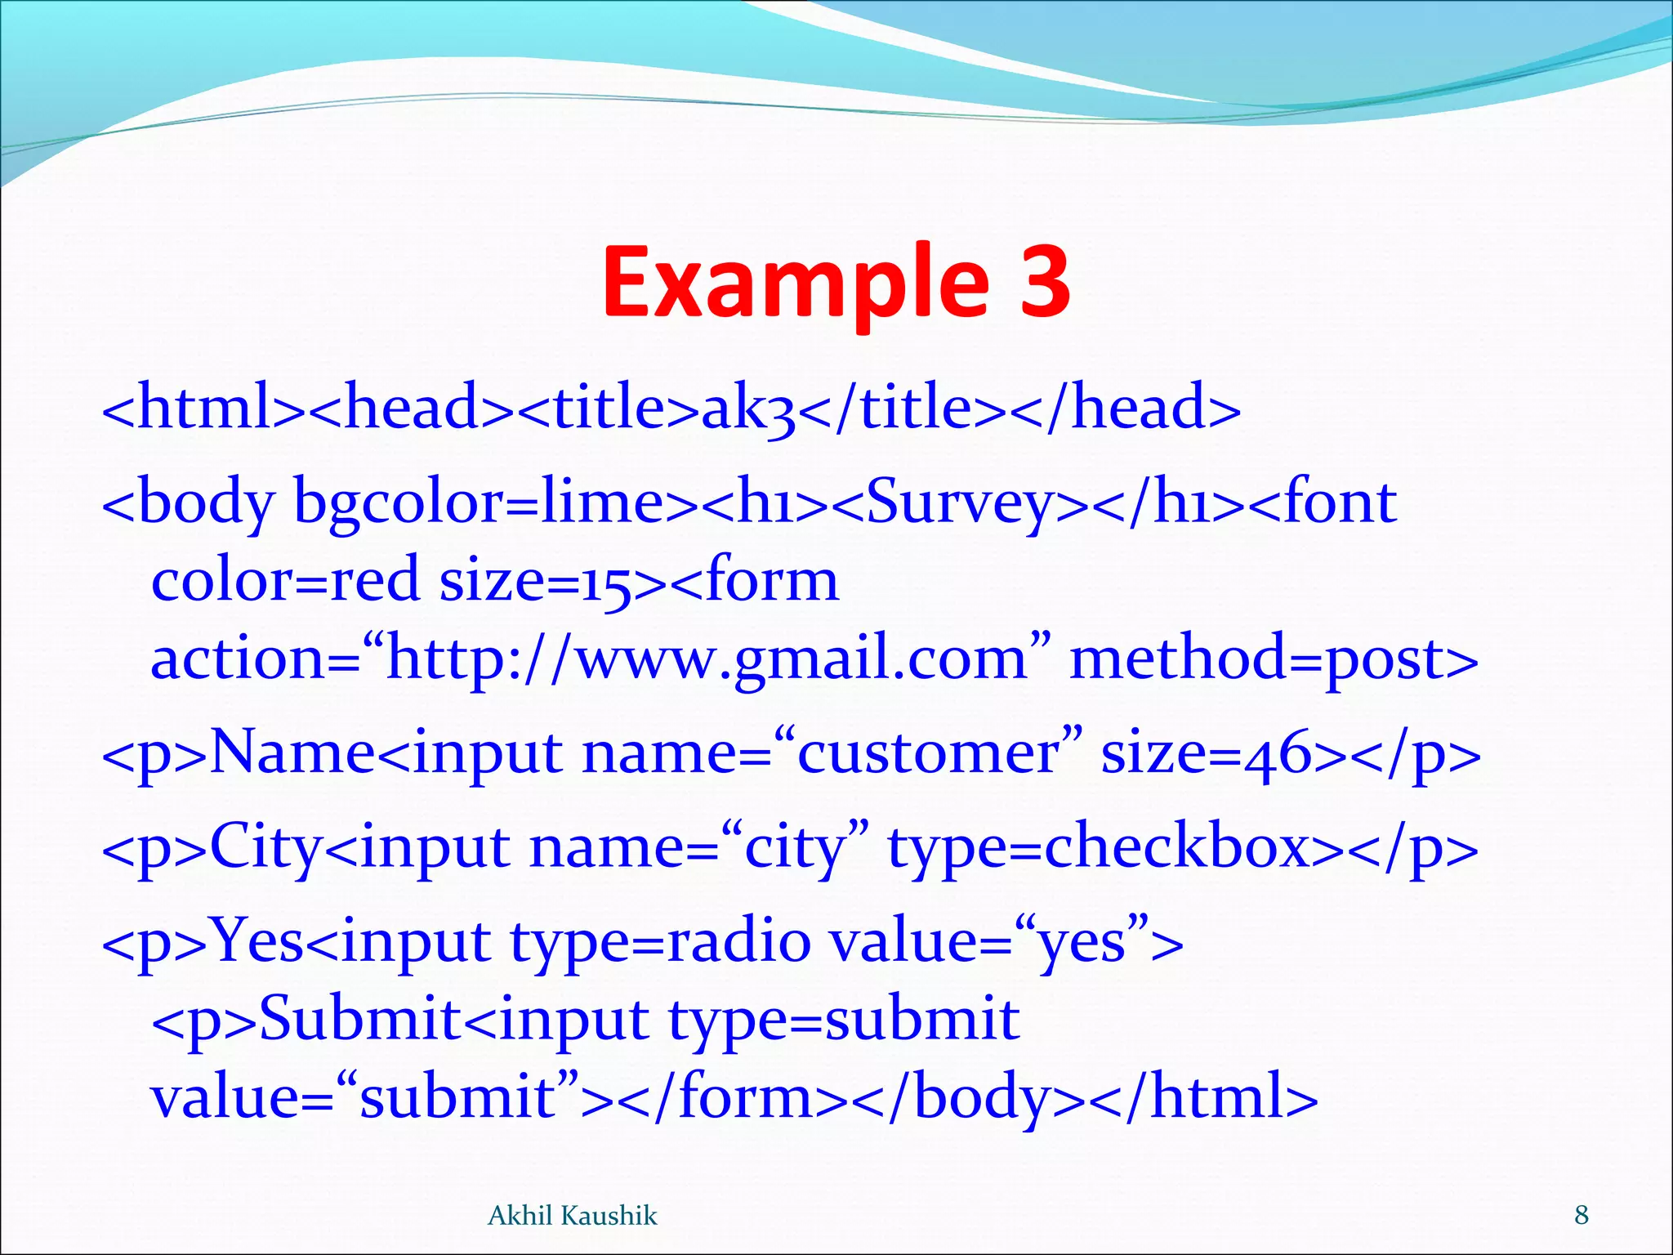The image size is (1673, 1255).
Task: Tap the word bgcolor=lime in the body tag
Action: [x=479, y=502]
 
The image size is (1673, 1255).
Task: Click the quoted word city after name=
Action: [x=793, y=847]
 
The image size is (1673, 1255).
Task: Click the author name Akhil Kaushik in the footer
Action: [x=572, y=1216]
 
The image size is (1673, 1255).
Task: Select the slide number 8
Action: [x=1582, y=1215]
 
